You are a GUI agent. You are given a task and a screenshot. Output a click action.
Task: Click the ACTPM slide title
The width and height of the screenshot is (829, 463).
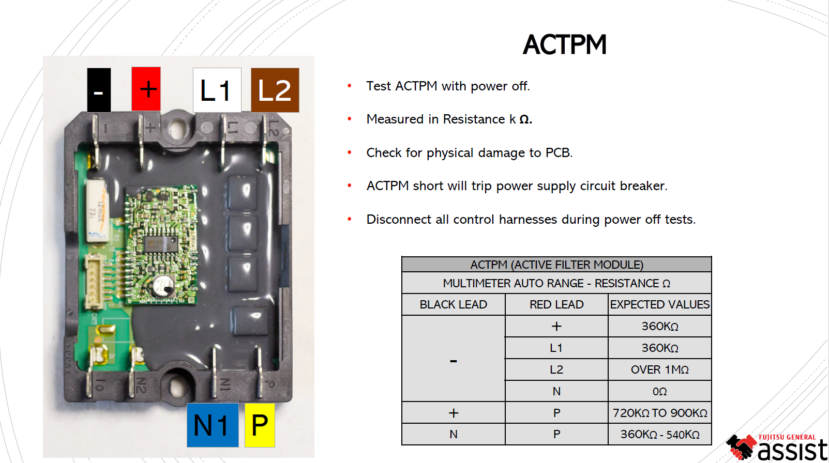click(564, 45)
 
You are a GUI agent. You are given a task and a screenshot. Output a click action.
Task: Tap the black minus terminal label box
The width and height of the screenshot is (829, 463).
click(99, 90)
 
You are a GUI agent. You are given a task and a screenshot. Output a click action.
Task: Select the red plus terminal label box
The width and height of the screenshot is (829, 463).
click(146, 89)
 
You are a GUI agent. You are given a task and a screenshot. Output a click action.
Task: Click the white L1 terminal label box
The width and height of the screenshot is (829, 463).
click(217, 90)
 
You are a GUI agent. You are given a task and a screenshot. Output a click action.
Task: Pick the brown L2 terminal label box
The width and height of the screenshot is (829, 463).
click(275, 90)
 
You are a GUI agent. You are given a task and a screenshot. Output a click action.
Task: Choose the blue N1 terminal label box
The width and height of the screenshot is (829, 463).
click(212, 425)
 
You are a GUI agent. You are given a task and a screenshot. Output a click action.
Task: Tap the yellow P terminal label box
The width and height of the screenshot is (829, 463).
click(260, 425)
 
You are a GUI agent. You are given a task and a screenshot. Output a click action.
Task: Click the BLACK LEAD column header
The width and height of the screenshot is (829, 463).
click(453, 305)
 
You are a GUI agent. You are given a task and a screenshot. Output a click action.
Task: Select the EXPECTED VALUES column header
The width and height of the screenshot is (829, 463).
click(659, 305)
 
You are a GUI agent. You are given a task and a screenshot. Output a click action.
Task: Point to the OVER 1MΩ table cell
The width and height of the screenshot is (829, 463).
click(659, 370)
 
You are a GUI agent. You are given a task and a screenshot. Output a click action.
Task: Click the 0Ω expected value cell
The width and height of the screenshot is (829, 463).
click(659, 392)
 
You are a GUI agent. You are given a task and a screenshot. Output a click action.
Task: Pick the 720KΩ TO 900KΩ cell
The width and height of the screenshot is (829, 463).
click(659, 413)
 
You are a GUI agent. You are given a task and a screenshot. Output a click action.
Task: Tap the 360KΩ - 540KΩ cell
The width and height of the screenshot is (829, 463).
click(659, 435)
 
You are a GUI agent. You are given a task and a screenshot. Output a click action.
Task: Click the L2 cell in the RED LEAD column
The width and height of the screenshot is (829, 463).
click(556, 370)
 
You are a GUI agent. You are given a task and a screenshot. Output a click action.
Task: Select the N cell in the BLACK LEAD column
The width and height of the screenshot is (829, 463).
click(453, 435)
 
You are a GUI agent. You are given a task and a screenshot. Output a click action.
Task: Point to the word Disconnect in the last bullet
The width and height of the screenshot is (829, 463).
click(399, 220)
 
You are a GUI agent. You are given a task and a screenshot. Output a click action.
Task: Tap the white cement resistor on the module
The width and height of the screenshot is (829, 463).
click(97, 211)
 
